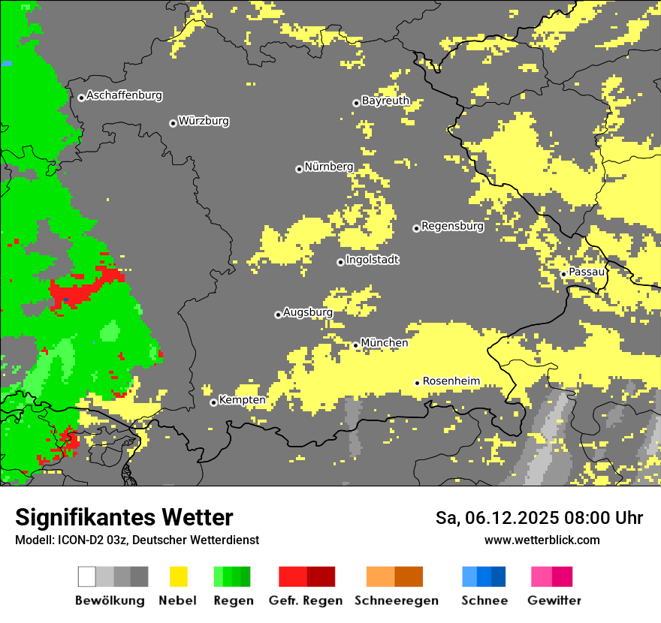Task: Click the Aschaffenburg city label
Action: coord(124,96)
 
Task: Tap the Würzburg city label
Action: coord(204,121)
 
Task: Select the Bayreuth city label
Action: coord(385,101)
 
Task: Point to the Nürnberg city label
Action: coord(329,167)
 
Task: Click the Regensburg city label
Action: coord(452,226)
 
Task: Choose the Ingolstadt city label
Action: coord(373,260)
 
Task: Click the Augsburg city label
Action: coord(308,312)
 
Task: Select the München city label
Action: coord(385,343)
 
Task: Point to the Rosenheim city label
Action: coord(451,381)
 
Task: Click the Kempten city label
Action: coord(242,400)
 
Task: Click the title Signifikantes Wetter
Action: coord(124,517)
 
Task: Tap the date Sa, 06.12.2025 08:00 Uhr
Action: coord(539,518)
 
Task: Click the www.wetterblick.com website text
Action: coord(542,540)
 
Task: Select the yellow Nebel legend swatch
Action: coord(179,576)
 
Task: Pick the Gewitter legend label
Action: coord(554,600)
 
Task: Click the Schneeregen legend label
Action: coord(396,600)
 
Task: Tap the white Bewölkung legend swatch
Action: coord(87,576)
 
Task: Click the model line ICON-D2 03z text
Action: coord(137,540)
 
